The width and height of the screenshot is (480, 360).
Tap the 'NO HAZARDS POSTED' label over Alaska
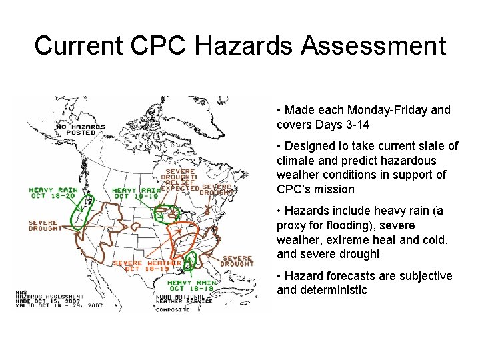point(80,129)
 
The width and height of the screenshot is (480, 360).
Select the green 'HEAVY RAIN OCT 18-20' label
point(53,193)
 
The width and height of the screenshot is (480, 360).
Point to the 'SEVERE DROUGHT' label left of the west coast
point(45,225)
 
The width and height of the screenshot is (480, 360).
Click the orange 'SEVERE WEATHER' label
point(147,263)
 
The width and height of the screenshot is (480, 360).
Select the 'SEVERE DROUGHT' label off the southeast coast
point(237,261)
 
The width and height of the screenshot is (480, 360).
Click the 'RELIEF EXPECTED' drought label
point(181,185)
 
